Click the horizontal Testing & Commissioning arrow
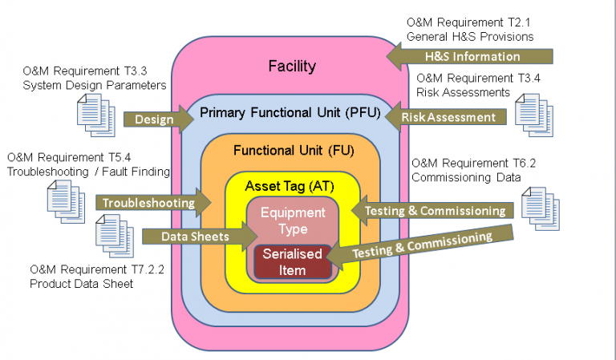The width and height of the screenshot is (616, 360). tap(433, 210)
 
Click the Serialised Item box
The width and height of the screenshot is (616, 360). tap(293, 262)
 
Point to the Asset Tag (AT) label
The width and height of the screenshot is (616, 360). tap(290, 185)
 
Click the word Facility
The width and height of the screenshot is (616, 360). tap(292, 66)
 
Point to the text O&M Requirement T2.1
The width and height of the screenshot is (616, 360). tap(470, 22)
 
